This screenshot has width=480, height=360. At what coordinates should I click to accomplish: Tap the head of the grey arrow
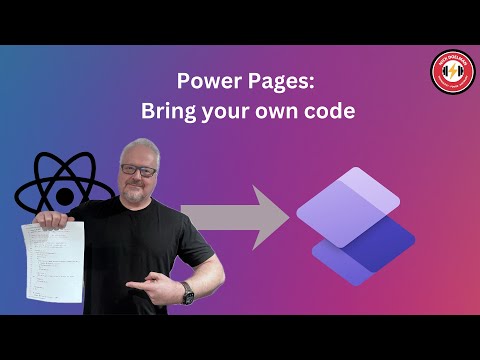[268, 216]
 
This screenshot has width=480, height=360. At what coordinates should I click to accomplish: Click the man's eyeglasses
[140, 171]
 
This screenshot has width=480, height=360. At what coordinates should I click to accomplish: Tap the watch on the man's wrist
[186, 292]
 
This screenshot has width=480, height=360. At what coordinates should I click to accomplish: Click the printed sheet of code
[51, 260]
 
